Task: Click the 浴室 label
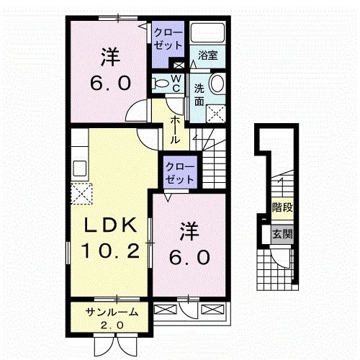208,54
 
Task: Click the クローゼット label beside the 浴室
168,37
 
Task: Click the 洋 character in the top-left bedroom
109,55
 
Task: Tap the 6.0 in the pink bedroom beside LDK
191,256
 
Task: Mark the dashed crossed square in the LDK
81,193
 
